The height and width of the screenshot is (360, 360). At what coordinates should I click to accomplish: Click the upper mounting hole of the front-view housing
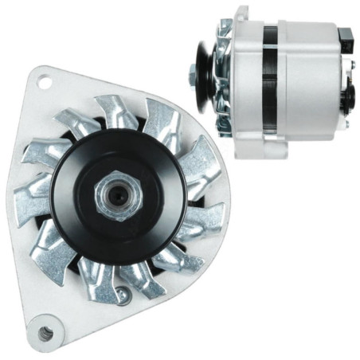tap(44, 81)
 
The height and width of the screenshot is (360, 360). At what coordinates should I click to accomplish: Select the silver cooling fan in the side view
tap(224, 80)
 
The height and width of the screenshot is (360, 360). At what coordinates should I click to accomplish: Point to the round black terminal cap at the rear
tap(348, 97)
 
